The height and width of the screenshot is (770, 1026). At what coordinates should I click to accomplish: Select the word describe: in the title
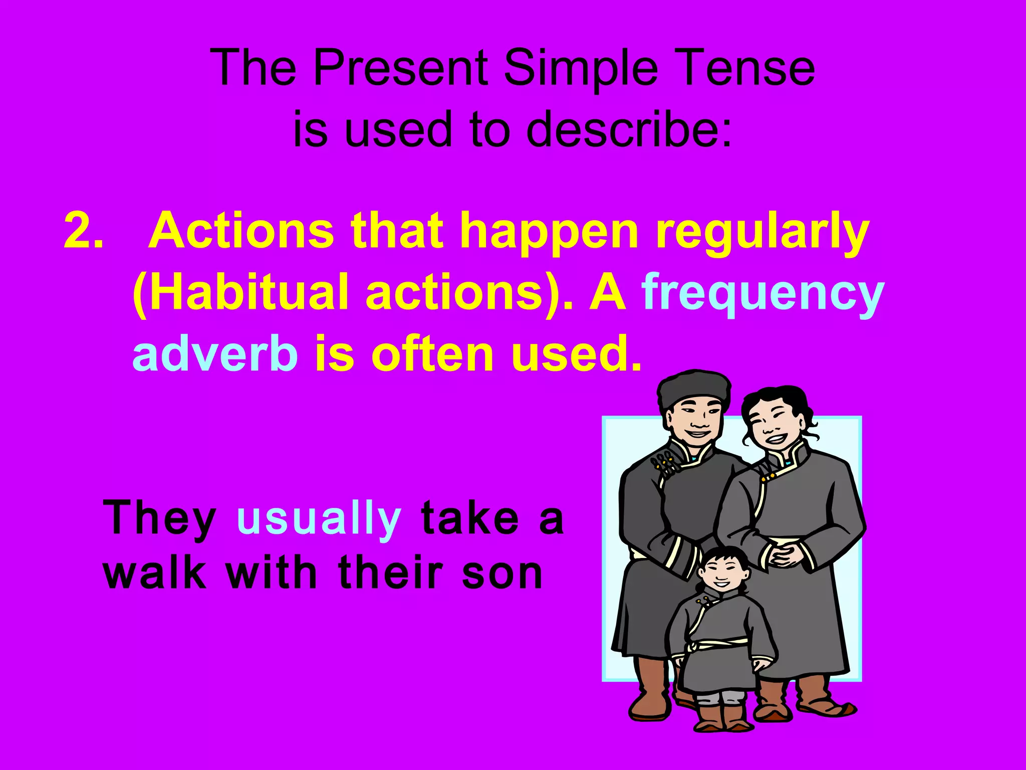pos(629,129)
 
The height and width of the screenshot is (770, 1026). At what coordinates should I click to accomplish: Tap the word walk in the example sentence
pos(155,572)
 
